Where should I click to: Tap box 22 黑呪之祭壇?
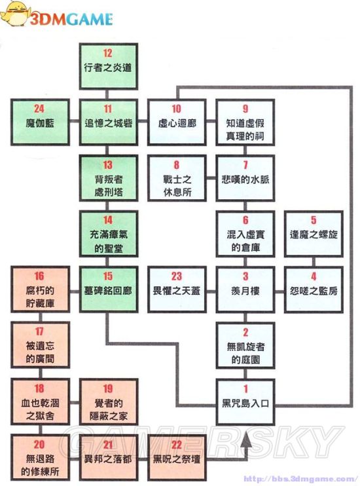pos(176,453)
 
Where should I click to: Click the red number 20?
pos(39,444)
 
